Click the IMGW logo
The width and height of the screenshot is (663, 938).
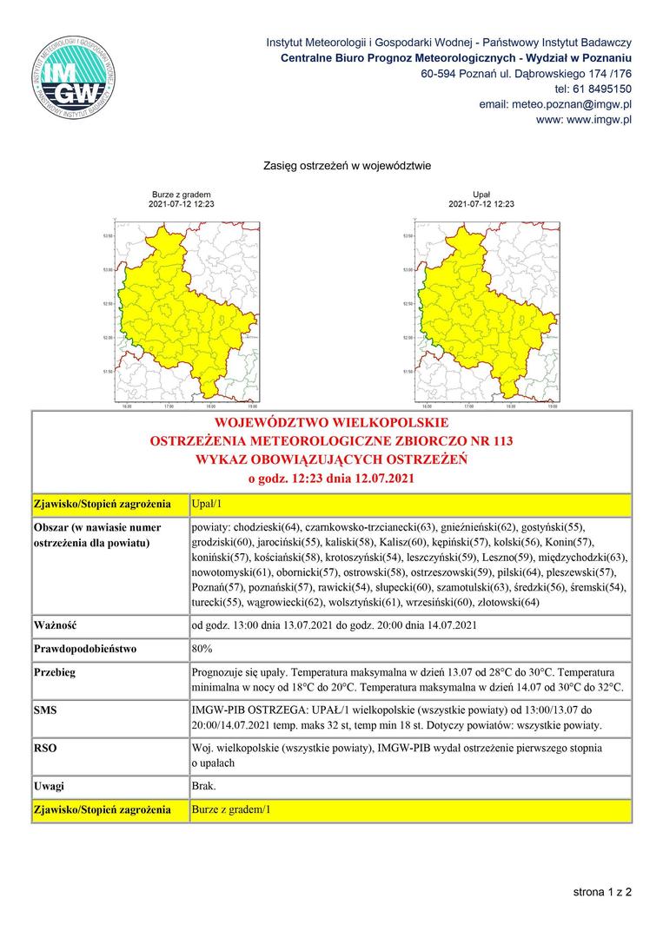[74, 76]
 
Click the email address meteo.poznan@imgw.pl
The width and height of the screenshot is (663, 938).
[555, 104]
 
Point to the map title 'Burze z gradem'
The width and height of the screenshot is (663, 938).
[182, 195]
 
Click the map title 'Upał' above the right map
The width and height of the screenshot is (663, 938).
[481, 195]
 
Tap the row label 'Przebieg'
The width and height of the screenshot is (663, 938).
[55, 673]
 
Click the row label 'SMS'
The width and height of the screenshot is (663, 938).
[46, 710]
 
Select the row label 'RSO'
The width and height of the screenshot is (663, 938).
[45, 748]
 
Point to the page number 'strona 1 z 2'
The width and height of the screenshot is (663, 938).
[602, 892]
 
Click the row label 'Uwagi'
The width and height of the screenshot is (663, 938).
[49, 786]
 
